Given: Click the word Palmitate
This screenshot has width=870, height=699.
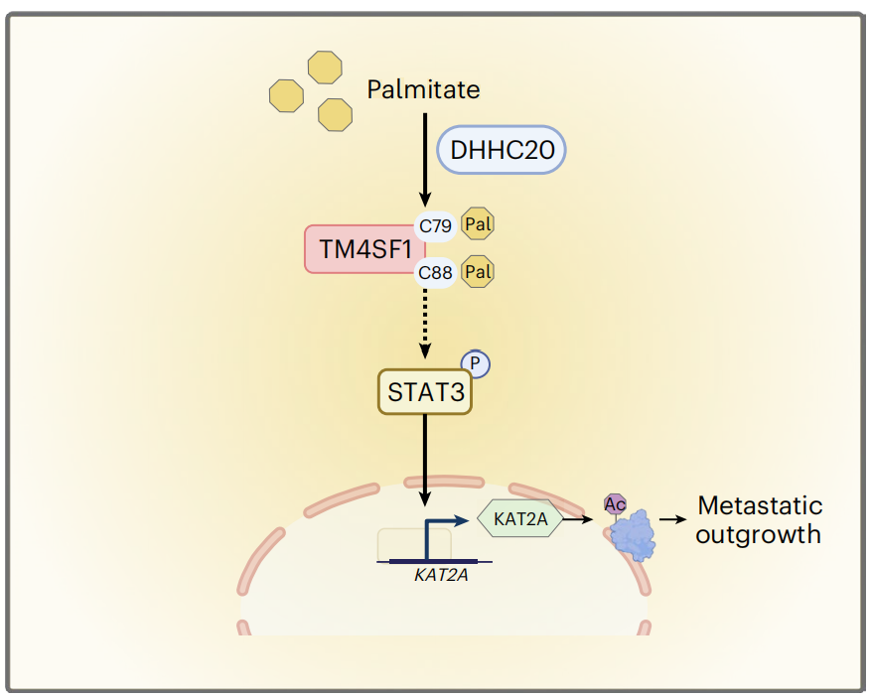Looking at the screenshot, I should (423, 90).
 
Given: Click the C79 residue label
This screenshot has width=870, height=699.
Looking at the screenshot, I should (435, 226).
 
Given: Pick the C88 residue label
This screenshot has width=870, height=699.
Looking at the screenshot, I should (435, 271).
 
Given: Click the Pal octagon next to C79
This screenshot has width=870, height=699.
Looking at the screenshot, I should (479, 225).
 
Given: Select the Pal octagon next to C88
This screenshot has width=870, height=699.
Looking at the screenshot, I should (479, 271).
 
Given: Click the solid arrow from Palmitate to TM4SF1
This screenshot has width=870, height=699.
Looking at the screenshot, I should (425, 159).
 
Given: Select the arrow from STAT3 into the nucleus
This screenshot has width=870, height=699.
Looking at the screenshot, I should (425, 457).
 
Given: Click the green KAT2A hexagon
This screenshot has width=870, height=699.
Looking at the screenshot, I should (520, 518).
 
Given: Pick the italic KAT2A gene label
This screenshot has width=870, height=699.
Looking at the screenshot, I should (441, 573).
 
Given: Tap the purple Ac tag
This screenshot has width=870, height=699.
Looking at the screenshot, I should (616, 504).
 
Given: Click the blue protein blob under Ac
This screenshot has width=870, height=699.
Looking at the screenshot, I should (635, 535).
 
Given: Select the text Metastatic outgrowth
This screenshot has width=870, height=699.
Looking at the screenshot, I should (759, 519).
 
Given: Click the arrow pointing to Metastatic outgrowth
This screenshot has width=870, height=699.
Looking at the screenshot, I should (672, 519).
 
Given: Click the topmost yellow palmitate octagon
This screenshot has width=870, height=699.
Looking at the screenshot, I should (325, 68).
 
